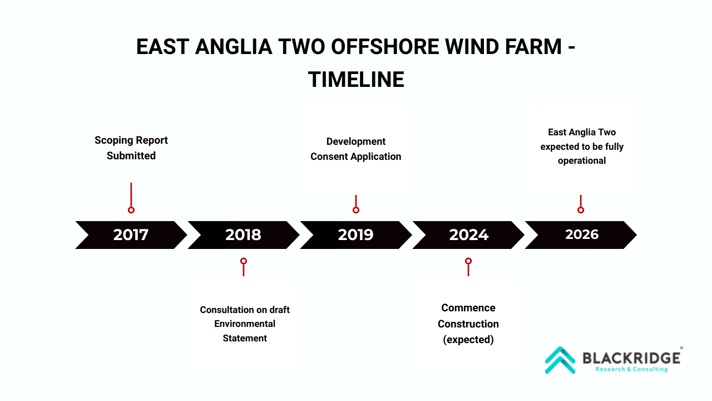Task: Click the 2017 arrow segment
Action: pyautogui.click(x=131, y=235)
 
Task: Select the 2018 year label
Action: pyautogui.click(x=243, y=235)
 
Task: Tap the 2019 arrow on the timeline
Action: pyautogui.click(x=355, y=235)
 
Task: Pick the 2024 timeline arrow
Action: pyautogui.click(x=468, y=235)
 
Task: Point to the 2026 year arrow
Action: pyautogui.click(x=581, y=235)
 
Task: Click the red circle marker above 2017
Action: pyautogui.click(x=131, y=210)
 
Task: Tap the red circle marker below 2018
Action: pyautogui.click(x=244, y=261)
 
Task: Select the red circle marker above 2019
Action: pyautogui.click(x=356, y=210)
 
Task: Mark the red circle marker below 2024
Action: pyautogui.click(x=468, y=261)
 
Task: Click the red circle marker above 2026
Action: pyautogui.click(x=581, y=210)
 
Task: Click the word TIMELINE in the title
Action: pyautogui.click(x=356, y=79)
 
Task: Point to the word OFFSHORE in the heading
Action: pyautogui.click(x=385, y=46)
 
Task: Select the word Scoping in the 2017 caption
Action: pyautogui.click(x=113, y=140)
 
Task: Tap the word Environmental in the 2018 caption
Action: pyautogui.click(x=245, y=324)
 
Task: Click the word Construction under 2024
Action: pyautogui.click(x=468, y=324)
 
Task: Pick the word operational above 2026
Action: pyautogui.click(x=582, y=161)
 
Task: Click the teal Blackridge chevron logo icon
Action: pyautogui.click(x=560, y=360)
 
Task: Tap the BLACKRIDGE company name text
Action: pyautogui.click(x=631, y=358)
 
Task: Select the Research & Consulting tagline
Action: pyautogui.click(x=631, y=369)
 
